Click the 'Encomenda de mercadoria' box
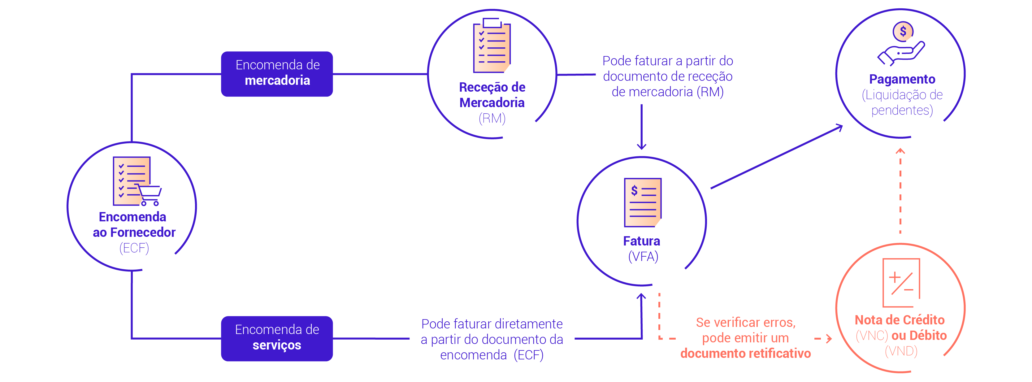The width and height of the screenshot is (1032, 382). tap(277, 74)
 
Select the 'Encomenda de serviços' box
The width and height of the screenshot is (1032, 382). tap(277, 338)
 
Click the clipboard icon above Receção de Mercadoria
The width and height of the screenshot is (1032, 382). tap(492, 45)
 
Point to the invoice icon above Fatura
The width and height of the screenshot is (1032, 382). tap(643, 202)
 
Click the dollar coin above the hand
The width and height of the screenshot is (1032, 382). tap(903, 31)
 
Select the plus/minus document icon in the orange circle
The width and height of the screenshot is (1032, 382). tap(901, 283)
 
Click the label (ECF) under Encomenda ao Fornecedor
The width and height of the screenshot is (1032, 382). tap(134, 248)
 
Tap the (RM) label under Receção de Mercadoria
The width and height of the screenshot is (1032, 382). tap(492, 118)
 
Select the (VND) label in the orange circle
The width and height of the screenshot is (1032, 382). tap(901, 351)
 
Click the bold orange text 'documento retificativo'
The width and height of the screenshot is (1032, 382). tap(746, 353)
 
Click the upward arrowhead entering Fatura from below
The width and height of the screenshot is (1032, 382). tap(641, 296)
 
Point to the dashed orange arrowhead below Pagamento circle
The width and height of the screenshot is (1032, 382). tap(900, 151)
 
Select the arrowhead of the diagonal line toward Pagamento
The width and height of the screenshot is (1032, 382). tap(839, 128)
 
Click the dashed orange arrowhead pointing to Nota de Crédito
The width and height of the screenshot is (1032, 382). tap(829, 339)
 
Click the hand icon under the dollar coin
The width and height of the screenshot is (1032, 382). tap(900, 54)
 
